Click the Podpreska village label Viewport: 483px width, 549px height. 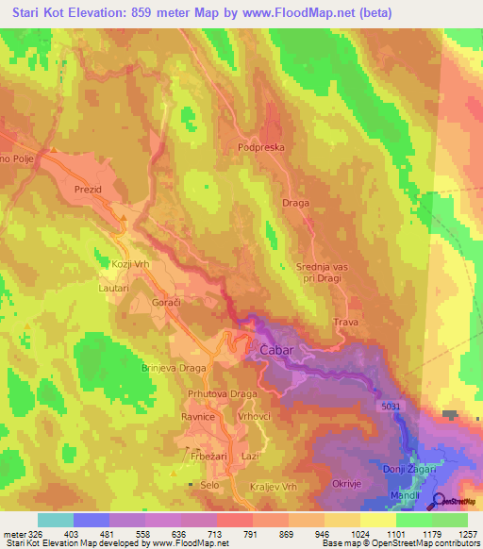tap(261, 147)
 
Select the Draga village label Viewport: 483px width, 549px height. tap(295, 203)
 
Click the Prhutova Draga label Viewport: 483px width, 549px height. tap(223, 394)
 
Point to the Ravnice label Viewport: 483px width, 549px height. tap(199, 416)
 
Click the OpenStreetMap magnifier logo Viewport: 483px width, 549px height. tap(441, 501)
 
